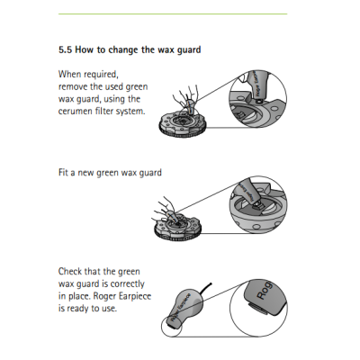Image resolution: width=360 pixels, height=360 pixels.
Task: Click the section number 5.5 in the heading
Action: click(x=67, y=49)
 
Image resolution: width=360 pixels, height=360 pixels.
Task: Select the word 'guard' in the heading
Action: click(x=187, y=49)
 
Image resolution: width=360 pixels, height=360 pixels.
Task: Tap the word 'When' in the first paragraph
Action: click(x=70, y=73)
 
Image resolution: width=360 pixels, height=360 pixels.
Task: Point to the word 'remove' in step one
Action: click(x=74, y=85)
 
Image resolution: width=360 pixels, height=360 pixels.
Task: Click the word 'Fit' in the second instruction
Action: click(x=63, y=172)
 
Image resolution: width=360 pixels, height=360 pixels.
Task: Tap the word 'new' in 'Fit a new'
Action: click(x=90, y=172)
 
